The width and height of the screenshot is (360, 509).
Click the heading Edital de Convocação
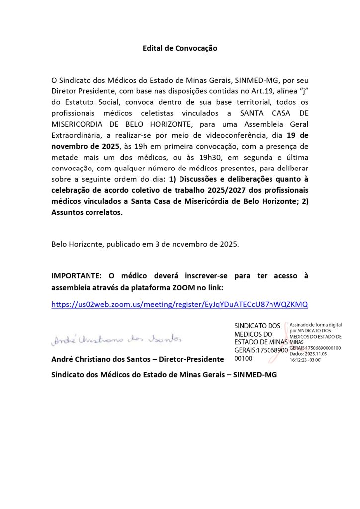click(180, 48)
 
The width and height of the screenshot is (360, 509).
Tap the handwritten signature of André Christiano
click(117, 339)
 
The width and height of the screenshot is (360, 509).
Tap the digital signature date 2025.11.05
click(317, 353)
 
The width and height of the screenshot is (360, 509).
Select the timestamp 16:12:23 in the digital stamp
click(302, 359)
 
